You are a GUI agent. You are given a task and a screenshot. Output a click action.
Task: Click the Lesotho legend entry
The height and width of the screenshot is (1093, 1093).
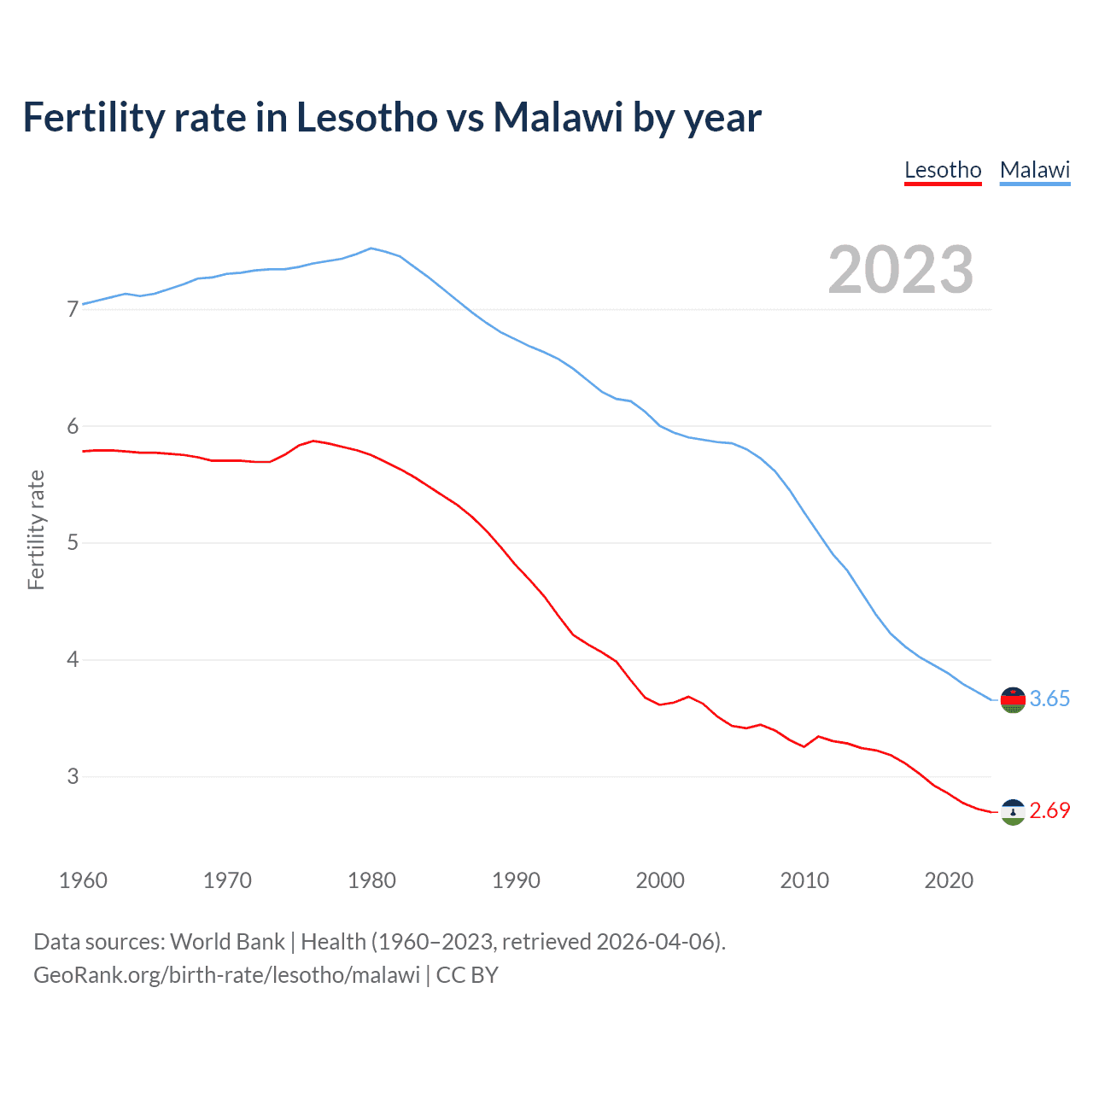pyautogui.click(x=943, y=170)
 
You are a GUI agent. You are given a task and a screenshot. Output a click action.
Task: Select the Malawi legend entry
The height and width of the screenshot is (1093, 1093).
pyautogui.click(x=1035, y=170)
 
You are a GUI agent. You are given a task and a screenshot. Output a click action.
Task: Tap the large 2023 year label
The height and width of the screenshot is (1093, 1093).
pyautogui.click(x=900, y=270)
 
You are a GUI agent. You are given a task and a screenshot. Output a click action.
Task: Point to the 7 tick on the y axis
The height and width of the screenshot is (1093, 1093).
pyautogui.click(x=73, y=309)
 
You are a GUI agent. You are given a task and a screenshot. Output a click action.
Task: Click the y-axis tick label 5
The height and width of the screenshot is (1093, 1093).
pyautogui.click(x=73, y=543)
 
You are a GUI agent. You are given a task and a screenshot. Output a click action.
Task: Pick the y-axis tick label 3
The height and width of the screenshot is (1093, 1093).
pyautogui.click(x=73, y=776)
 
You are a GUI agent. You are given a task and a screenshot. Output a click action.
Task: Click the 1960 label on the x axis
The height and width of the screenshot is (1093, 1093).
pyautogui.click(x=83, y=880)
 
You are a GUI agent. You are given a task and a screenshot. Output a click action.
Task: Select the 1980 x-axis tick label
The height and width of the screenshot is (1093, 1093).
pyautogui.click(x=371, y=880)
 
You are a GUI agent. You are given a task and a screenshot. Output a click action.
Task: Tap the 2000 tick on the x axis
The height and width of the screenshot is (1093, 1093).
pyautogui.click(x=660, y=880)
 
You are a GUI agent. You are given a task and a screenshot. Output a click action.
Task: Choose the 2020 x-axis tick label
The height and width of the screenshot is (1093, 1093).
pyautogui.click(x=949, y=880)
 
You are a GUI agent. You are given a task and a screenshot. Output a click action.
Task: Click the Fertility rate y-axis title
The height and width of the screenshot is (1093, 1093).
pyautogui.click(x=36, y=529)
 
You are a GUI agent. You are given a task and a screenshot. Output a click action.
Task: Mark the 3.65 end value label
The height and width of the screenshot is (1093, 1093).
pyautogui.click(x=1049, y=699)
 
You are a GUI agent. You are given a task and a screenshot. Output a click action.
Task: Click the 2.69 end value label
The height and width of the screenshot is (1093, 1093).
pyautogui.click(x=1049, y=811)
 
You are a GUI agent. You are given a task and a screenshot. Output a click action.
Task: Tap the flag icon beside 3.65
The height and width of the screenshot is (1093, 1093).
pyautogui.click(x=1013, y=699)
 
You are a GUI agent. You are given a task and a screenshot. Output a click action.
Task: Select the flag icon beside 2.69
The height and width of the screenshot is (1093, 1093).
pyautogui.click(x=1013, y=812)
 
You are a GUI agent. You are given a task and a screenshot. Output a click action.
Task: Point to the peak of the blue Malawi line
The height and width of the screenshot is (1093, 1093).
pyautogui.click(x=371, y=248)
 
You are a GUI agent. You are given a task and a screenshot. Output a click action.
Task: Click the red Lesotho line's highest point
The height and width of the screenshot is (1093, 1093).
pyautogui.click(x=313, y=441)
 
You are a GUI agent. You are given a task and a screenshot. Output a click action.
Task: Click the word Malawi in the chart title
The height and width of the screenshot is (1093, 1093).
pyautogui.click(x=558, y=118)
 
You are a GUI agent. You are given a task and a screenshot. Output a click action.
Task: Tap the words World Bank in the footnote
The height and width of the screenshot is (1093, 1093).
pyautogui.click(x=227, y=942)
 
